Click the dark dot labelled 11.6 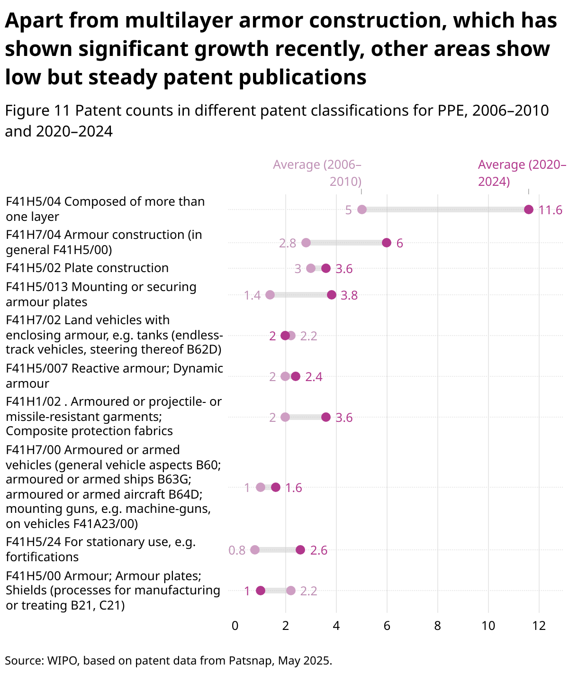click(x=529, y=209)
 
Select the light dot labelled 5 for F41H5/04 click(x=362, y=209)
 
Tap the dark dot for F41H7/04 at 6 click(x=387, y=243)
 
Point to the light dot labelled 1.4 click(x=270, y=295)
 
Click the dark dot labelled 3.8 click(x=332, y=295)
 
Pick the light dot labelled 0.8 click(x=255, y=550)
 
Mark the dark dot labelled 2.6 click(x=300, y=550)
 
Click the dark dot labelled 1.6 click(x=276, y=487)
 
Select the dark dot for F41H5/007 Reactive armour click(x=296, y=376)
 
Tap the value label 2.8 click(x=288, y=243)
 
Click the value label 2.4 click(x=314, y=377)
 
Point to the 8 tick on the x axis click(x=437, y=626)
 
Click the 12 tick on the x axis click(x=539, y=626)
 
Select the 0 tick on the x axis click(x=235, y=626)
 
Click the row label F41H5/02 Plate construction click(x=87, y=268)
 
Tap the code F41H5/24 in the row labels click(x=33, y=542)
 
